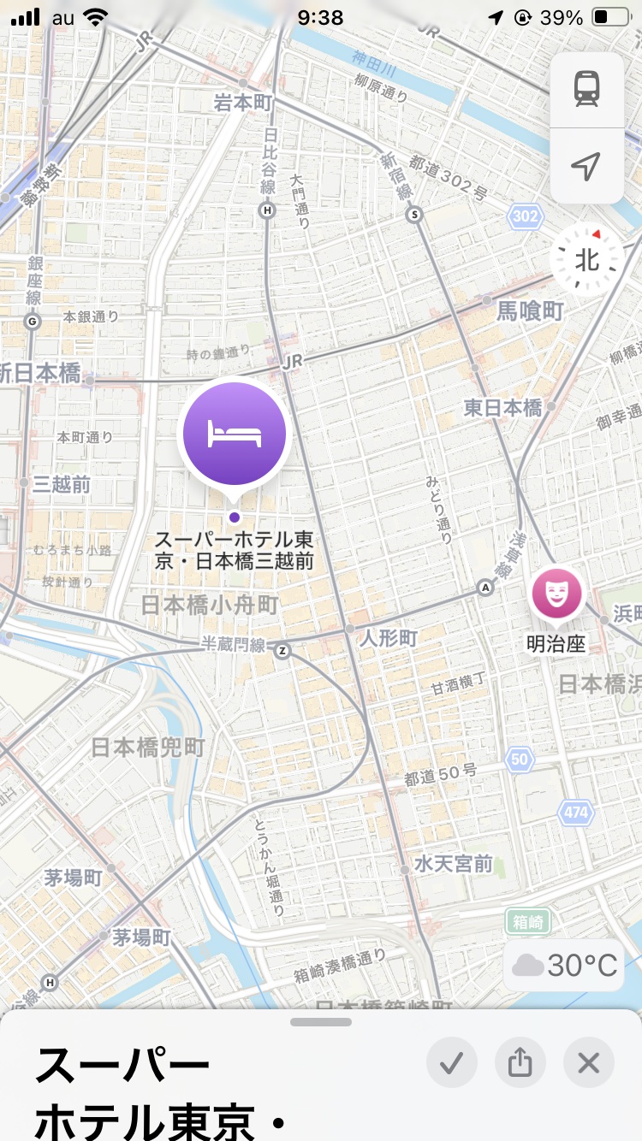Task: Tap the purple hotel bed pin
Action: click(x=235, y=435)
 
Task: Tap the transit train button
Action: click(x=586, y=89)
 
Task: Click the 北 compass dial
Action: click(x=587, y=259)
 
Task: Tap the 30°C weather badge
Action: click(x=565, y=966)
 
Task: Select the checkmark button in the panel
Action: click(x=451, y=1063)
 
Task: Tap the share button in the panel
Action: click(x=520, y=1063)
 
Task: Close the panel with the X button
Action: click(x=588, y=1063)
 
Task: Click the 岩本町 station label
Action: click(x=242, y=103)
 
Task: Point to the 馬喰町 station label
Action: click(x=530, y=311)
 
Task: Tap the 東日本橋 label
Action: click(x=503, y=408)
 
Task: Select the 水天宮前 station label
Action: click(x=454, y=863)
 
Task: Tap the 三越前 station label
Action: click(x=62, y=484)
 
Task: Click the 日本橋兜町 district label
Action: click(x=148, y=747)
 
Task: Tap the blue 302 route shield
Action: click(x=526, y=216)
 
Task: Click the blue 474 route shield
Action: click(x=576, y=812)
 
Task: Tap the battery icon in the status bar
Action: click(x=611, y=17)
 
